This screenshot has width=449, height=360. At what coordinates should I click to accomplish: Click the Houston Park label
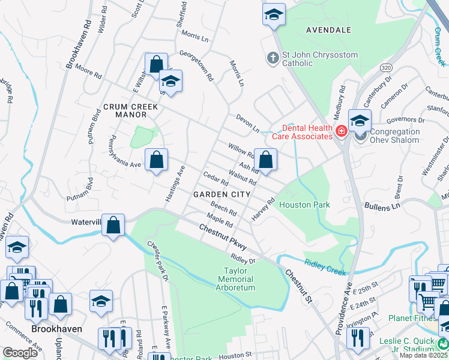tap(304, 205)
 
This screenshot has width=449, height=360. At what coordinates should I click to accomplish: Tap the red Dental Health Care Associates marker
tap(341, 131)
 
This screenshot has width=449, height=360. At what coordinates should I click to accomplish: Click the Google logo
tap(20, 353)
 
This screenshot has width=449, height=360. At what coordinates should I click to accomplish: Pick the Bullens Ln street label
tap(382, 206)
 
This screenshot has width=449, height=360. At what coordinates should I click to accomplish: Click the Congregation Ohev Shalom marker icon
tap(360, 133)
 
